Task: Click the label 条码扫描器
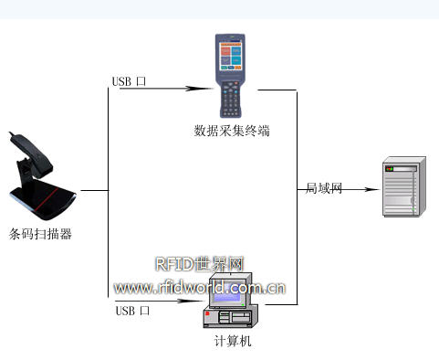40,234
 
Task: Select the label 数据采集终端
232,131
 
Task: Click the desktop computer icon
232,302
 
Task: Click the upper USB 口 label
130,81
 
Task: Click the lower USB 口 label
132,311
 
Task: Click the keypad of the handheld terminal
232,94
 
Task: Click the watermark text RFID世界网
200,265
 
